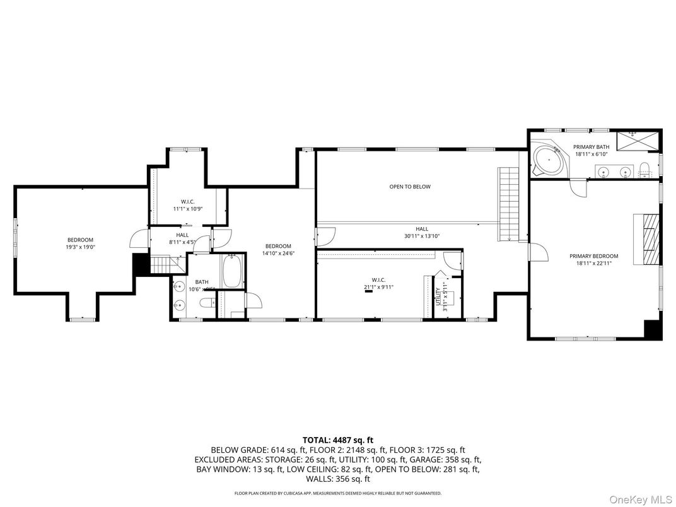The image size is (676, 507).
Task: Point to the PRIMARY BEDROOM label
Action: (x=593, y=256)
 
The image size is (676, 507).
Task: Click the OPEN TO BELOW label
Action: (x=409, y=187)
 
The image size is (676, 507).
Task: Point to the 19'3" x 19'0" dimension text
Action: (x=80, y=248)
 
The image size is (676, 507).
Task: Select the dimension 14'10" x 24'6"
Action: (x=278, y=253)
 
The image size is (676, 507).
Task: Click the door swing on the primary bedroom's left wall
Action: (x=537, y=253)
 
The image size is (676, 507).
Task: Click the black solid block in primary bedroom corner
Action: (x=652, y=329)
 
